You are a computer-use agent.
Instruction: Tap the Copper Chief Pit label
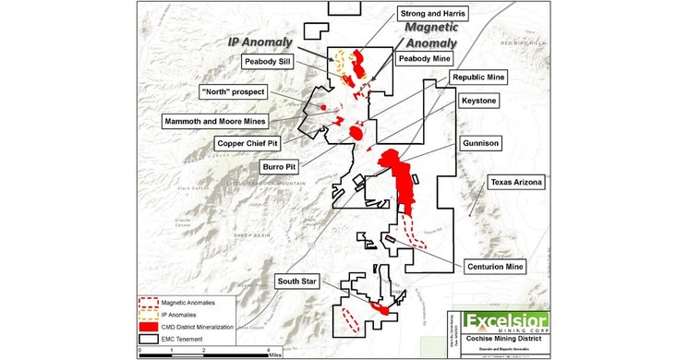[247, 144]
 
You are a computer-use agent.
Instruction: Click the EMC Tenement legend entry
[181, 337]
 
